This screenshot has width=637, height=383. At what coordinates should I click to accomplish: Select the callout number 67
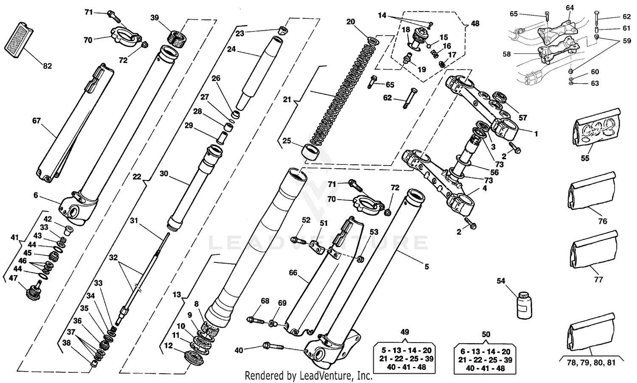point(36,121)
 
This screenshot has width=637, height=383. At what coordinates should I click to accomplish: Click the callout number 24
point(231,49)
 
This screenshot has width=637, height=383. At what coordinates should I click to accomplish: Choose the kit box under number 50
point(486,359)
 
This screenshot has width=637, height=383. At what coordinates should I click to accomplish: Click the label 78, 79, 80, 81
point(591,363)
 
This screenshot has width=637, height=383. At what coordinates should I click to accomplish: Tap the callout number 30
point(164,174)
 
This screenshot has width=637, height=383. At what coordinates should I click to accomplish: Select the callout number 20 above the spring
point(350,22)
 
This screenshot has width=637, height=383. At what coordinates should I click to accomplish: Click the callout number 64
point(569,8)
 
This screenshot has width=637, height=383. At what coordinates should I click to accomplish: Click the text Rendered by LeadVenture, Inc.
point(308,376)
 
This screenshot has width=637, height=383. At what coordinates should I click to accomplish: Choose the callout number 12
point(169,346)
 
